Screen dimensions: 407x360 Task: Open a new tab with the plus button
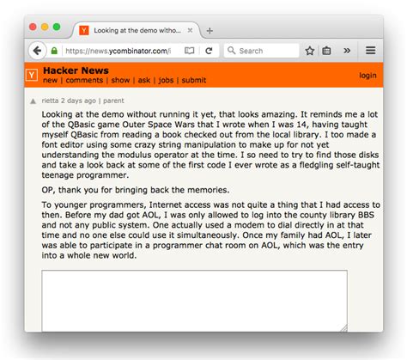210,30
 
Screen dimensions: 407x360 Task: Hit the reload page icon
209,51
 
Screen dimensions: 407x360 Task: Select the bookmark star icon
310,51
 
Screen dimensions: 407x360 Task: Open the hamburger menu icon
371,51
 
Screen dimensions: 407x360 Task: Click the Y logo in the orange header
32,76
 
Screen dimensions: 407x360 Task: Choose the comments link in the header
84,81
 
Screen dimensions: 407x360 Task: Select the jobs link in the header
166,81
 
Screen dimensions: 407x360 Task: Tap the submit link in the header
194,81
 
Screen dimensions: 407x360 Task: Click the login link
368,76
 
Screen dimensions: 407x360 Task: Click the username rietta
52,101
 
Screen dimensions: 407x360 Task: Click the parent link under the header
116,101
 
